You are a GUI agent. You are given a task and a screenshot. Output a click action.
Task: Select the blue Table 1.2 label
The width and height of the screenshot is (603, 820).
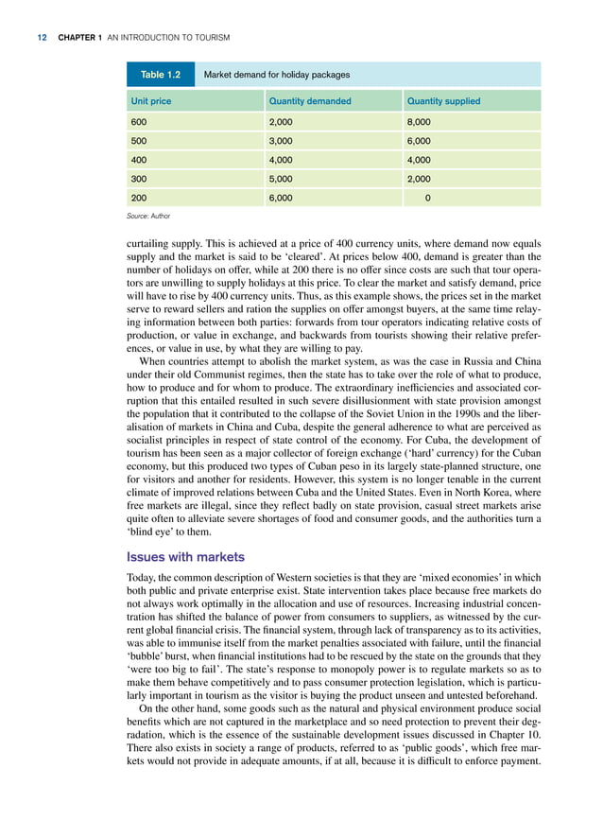(161, 74)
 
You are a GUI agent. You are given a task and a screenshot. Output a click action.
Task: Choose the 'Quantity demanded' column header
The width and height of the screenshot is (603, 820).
(310, 101)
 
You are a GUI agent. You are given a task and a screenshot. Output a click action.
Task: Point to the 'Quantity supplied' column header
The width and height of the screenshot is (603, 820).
(443, 101)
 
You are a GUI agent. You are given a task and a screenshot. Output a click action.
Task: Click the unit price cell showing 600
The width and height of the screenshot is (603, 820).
(138, 122)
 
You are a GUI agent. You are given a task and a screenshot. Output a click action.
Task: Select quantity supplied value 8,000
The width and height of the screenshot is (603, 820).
(419, 122)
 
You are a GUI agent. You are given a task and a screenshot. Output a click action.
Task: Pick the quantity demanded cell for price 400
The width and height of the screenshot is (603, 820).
(283, 160)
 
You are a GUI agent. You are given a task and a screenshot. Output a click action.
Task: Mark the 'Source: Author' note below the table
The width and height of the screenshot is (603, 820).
(147, 217)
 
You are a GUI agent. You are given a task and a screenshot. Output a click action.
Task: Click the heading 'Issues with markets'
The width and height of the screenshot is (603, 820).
(185, 556)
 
